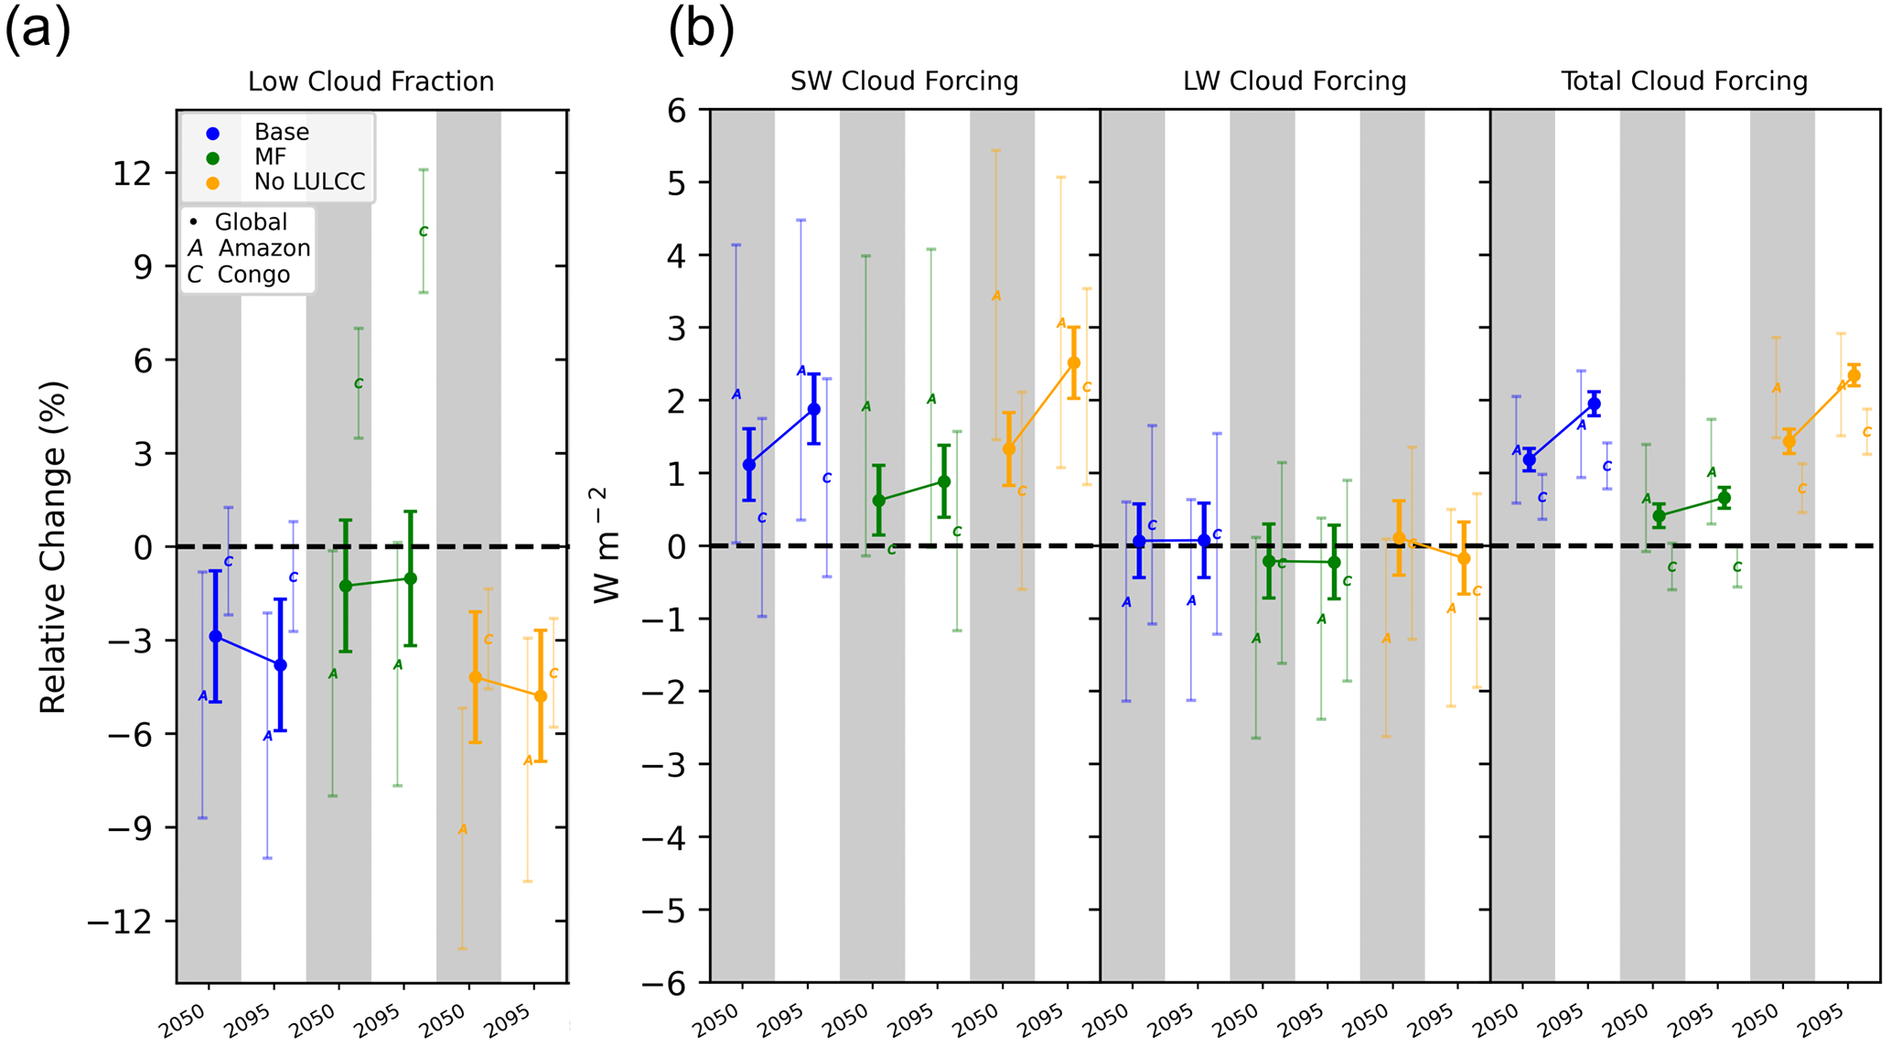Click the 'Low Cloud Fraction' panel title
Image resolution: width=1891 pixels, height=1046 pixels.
pyautogui.click(x=371, y=82)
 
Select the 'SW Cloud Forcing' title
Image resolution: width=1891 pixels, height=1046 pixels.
pyautogui.click(x=904, y=82)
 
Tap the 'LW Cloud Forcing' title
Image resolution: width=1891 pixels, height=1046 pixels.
pyautogui.click(x=1295, y=82)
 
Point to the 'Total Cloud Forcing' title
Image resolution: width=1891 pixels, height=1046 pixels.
pyautogui.click(x=1684, y=82)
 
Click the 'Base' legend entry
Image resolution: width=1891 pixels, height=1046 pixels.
pyautogui.click(x=281, y=133)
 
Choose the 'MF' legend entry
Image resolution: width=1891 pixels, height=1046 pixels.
pyautogui.click(x=270, y=157)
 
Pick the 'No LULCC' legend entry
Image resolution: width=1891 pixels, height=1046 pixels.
pyautogui.click(x=309, y=182)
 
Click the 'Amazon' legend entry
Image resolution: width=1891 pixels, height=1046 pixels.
pyautogui.click(x=263, y=249)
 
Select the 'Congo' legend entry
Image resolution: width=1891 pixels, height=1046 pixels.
pyautogui.click(x=253, y=275)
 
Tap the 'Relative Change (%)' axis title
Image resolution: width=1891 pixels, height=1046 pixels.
pyautogui.click(x=53, y=547)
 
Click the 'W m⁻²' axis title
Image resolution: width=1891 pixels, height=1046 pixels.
pyautogui.click(x=607, y=545)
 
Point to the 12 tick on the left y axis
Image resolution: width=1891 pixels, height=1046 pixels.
pyautogui.click(x=132, y=173)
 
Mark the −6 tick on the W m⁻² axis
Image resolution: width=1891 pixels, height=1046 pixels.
pyautogui.click(x=665, y=983)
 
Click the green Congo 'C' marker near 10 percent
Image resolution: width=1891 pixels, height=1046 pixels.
pyautogui.click(x=424, y=232)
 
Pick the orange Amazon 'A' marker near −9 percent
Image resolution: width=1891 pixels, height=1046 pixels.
pyautogui.click(x=463, y=830)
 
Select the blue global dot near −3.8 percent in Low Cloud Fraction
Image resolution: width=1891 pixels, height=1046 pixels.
pyautogui.click(x=281, y=665)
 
